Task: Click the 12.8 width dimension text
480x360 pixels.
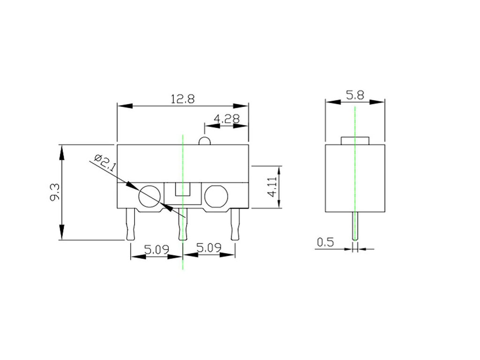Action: (x=183, y=99)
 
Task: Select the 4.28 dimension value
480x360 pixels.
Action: (x=226, y=119)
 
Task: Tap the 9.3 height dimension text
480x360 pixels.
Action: (x=55, y=192)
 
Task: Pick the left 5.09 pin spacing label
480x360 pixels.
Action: (x=157, y=249)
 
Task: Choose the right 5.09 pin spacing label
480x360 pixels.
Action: (x=209, y=248)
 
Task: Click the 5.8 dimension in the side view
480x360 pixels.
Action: (x=355, y=95)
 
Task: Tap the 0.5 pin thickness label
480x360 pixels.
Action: (x=325, y=242)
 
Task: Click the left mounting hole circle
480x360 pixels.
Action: (x=150, y=196)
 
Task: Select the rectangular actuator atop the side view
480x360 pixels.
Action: (x=355, y=141)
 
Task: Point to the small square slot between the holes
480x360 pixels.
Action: (x=183, y=190)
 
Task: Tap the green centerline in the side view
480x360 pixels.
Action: (x=355, y=122)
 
